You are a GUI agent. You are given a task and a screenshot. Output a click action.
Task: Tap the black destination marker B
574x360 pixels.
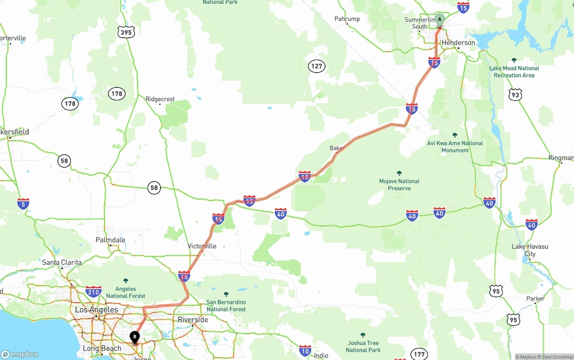pos(135,337)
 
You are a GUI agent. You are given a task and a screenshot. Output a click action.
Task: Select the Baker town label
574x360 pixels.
pos(337,148)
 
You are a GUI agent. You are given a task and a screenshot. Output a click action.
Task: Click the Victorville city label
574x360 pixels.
pos(202,246)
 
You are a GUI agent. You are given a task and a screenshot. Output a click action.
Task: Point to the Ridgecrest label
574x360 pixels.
pos(160,99)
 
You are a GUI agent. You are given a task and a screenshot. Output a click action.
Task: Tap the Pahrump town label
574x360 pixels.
pos(347,19)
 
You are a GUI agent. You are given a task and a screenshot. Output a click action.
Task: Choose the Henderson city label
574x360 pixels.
pos(458,43)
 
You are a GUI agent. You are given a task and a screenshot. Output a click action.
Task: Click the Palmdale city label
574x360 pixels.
pos(110,240)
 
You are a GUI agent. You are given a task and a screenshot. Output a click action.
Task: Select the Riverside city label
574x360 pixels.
pos(193,320)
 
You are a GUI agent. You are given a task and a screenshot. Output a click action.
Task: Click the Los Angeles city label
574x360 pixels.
pos(96,310)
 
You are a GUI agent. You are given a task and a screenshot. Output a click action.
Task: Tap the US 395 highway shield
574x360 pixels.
pos(126,32)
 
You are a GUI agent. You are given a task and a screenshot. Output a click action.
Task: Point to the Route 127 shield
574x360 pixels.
pos(317,66)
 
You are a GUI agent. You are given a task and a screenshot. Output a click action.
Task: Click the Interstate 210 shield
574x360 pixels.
pos(93,292)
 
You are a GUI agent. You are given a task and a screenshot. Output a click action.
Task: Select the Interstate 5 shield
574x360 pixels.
pos(23,204)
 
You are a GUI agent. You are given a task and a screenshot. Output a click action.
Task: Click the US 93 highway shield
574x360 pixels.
pos(515,95)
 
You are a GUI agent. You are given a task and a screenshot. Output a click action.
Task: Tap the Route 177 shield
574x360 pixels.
pos(419,354)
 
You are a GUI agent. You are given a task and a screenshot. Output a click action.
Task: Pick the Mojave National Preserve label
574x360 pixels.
pos(399,184)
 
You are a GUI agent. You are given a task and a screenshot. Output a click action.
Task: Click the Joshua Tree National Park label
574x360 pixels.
pos(363,346)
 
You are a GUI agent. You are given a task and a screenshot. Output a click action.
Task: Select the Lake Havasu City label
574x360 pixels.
pos(530,250)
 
